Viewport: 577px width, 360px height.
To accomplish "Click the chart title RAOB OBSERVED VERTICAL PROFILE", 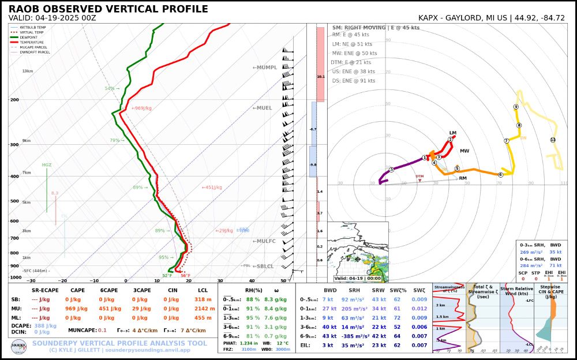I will click(x=108, y=9).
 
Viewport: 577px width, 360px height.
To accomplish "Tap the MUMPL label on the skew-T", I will click(x=265, y=67).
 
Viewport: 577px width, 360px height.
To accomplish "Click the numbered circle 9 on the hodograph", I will click(x=516, y=107).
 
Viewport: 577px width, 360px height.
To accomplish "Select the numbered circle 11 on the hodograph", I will click(x=553, y=140).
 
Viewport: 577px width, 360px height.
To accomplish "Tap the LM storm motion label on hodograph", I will click(x=453, y=133).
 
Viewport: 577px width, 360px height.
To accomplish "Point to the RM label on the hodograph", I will click(x=463, y=178).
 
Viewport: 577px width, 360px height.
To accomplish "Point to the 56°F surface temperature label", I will click(x=185, y=275).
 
